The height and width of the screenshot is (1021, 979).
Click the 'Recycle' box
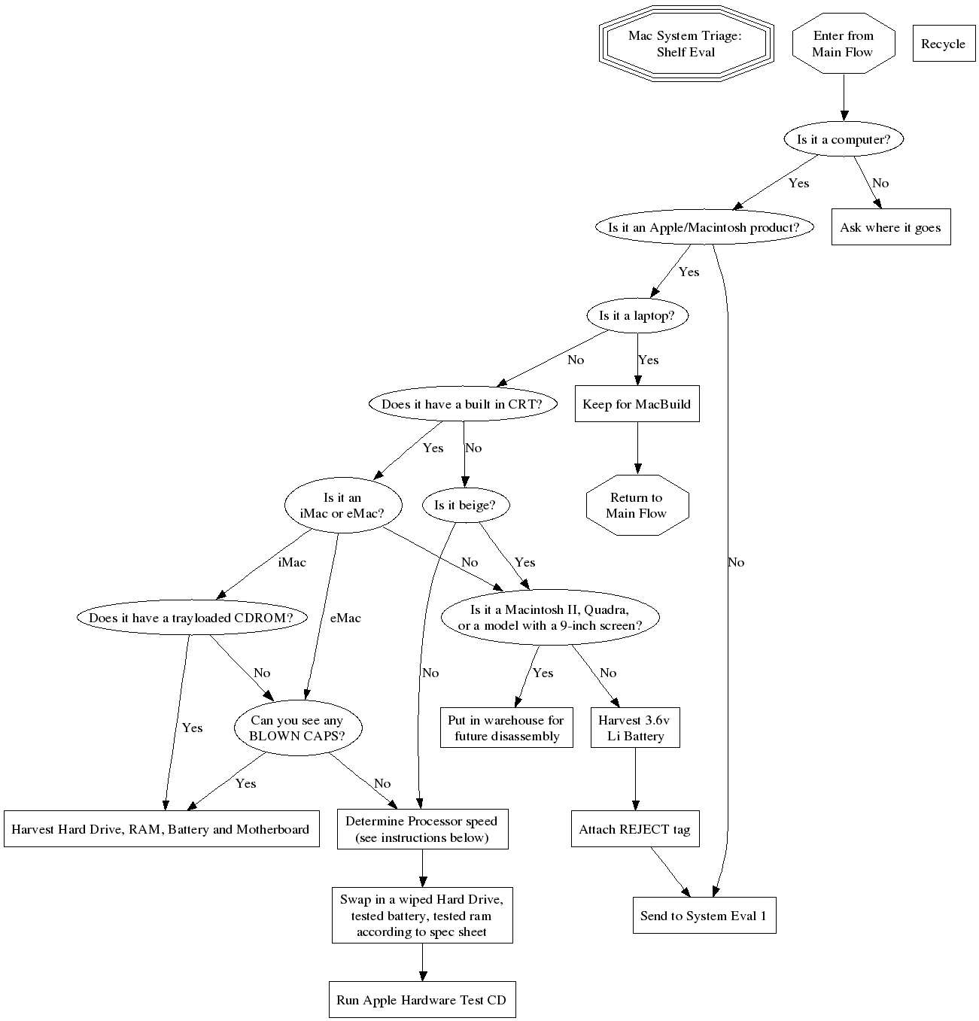point(943,44)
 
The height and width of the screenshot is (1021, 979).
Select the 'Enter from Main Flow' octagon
point(843,44)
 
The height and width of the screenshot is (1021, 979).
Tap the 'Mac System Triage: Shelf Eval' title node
point(686,44)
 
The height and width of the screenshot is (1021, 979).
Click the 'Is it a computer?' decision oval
point(843,139)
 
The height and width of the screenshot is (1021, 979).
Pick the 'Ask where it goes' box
point(890,227)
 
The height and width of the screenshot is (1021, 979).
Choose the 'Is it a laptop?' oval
point(637,316)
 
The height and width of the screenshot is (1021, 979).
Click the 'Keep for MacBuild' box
point(637,404)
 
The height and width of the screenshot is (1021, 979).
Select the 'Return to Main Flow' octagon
point(637,505)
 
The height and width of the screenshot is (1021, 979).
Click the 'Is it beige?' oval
point(464,505)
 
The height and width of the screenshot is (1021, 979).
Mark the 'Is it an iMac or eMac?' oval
point(342,505)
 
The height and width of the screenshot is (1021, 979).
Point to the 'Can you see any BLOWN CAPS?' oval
point(297,728)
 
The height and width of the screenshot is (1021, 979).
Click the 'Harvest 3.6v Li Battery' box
point(635,728)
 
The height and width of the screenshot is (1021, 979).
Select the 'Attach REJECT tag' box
point(634,829)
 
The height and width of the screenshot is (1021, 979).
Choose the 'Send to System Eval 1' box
point(704,916)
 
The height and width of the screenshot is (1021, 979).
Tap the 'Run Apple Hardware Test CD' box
point(421,1000)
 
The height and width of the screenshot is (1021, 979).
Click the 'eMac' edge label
point(345,618)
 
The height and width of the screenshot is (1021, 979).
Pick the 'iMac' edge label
point(292,562)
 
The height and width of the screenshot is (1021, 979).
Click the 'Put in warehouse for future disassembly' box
point(506,728)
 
